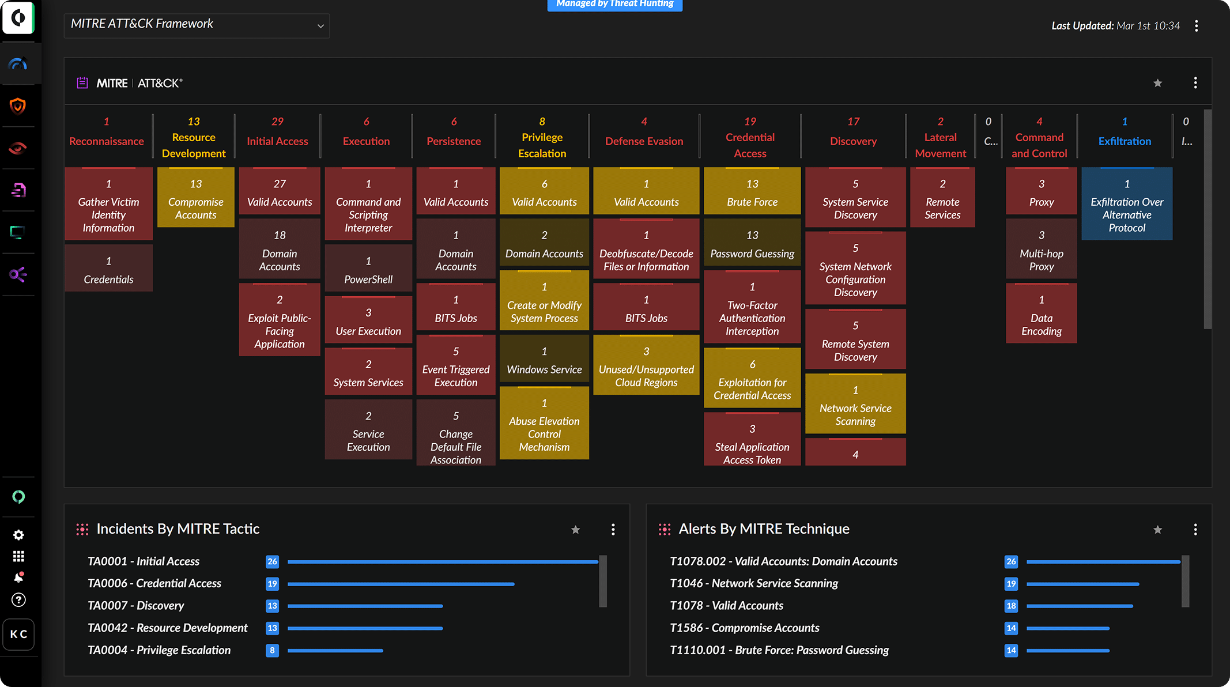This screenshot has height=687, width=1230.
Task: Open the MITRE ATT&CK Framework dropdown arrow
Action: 320,26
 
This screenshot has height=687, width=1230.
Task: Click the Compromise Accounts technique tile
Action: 195,198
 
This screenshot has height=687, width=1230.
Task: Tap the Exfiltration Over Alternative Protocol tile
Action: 1126,204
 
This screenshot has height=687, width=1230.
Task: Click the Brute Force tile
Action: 752,192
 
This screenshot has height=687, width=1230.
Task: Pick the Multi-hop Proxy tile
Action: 1041,250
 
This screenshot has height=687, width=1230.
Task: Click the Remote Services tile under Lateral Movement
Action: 942,198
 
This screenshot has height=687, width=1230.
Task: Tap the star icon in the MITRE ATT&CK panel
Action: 1157,83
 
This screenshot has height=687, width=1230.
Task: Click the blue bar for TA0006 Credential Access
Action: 401,584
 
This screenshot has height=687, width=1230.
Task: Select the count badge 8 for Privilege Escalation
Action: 272,650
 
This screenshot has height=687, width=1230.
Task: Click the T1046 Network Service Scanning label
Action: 753,583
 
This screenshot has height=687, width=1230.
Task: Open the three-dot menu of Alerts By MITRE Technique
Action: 1195,529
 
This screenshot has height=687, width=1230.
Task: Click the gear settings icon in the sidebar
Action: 18,535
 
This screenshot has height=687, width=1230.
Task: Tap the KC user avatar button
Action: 18,634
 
